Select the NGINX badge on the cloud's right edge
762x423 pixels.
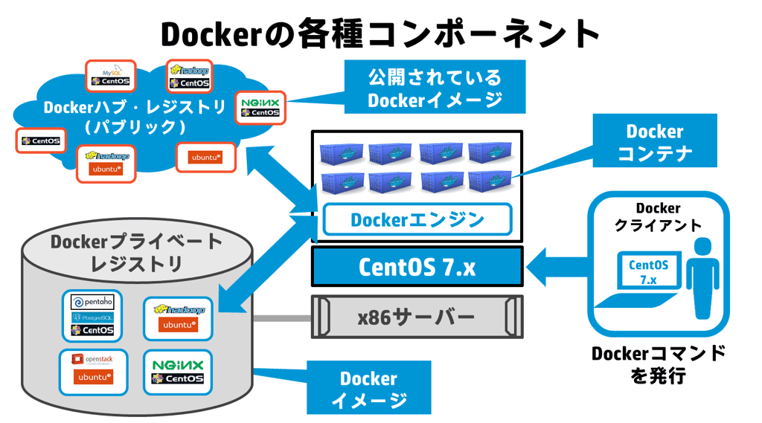[x=260, y=107]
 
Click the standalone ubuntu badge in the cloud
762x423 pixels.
[x=205, y=157]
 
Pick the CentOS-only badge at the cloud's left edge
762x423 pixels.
[x=41, y=141]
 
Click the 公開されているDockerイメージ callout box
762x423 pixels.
[x=435, y=88]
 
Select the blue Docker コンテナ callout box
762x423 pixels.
[x=654, y=141]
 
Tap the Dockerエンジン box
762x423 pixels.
[x=417, y=220]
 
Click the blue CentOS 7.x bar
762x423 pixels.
[x=417, y=266]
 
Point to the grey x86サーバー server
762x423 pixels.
[x=417, y=317]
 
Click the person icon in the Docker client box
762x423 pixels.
[x=702, y=276]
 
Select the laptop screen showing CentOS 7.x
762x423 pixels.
[x=648, y=272]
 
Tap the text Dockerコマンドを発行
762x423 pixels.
[x=658, y=364]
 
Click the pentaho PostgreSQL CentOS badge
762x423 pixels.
[x=92, y=314]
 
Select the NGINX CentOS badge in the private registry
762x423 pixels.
[x=177, y=372]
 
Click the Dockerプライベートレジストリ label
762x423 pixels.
[x=136, y=252]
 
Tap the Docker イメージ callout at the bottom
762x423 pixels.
[x=368, y=388]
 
